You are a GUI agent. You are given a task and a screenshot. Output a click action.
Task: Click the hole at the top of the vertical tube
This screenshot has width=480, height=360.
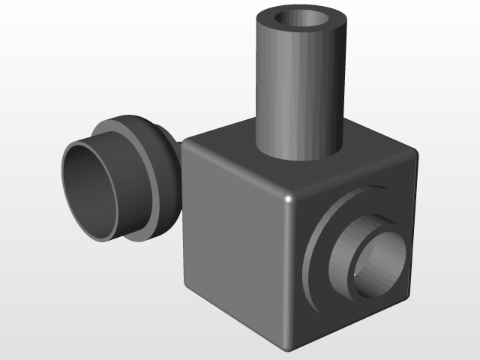click(303, 22)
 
